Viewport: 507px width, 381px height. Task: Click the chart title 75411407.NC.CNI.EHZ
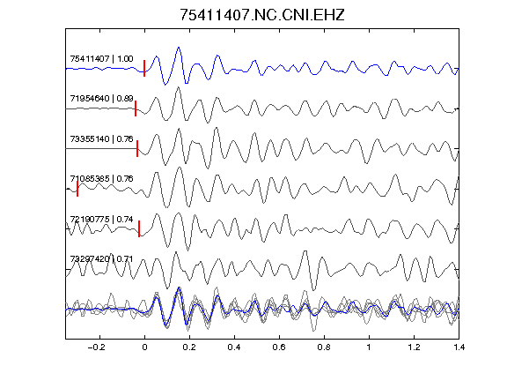(262, 15)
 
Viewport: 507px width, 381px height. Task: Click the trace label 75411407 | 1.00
(101, 59)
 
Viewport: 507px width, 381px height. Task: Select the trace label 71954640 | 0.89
(101, 99)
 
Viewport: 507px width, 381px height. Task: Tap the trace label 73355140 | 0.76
(101, 139)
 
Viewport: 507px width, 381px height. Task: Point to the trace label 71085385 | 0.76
(101, 179)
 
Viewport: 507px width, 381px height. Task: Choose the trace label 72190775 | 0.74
(101, 220)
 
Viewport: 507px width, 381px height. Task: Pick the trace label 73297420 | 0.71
(101, 259)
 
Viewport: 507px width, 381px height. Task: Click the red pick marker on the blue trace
(144, 69)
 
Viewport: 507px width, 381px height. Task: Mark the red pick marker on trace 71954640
(136, 108)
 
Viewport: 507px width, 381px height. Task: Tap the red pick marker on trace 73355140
(137, 148)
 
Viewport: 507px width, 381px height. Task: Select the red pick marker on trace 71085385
(77, 189)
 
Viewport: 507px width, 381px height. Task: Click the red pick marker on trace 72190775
(139, 228)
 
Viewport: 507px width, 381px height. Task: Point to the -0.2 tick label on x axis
(96, 347)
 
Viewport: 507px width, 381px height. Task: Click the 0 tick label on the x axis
(144, 347)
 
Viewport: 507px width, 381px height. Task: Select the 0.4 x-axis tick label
(234, 347)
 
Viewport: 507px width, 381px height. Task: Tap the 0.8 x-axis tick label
(324, 347)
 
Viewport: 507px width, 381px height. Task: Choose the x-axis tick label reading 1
(369, 347)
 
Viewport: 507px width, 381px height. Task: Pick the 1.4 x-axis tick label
(459, 347)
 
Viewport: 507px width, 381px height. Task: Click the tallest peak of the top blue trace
(179, 48)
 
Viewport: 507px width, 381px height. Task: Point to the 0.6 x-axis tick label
(279, 347)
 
